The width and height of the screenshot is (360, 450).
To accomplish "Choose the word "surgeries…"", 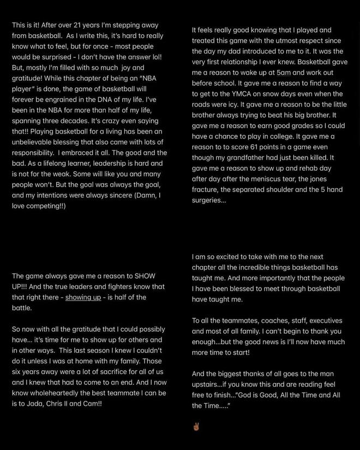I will click(x=208, y=200).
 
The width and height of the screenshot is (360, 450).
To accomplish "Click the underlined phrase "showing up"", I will click(x=83, y=297).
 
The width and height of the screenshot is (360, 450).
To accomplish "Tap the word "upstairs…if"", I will click(x=213, y=385).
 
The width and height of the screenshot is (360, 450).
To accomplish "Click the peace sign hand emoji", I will click(x=196, y=427).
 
